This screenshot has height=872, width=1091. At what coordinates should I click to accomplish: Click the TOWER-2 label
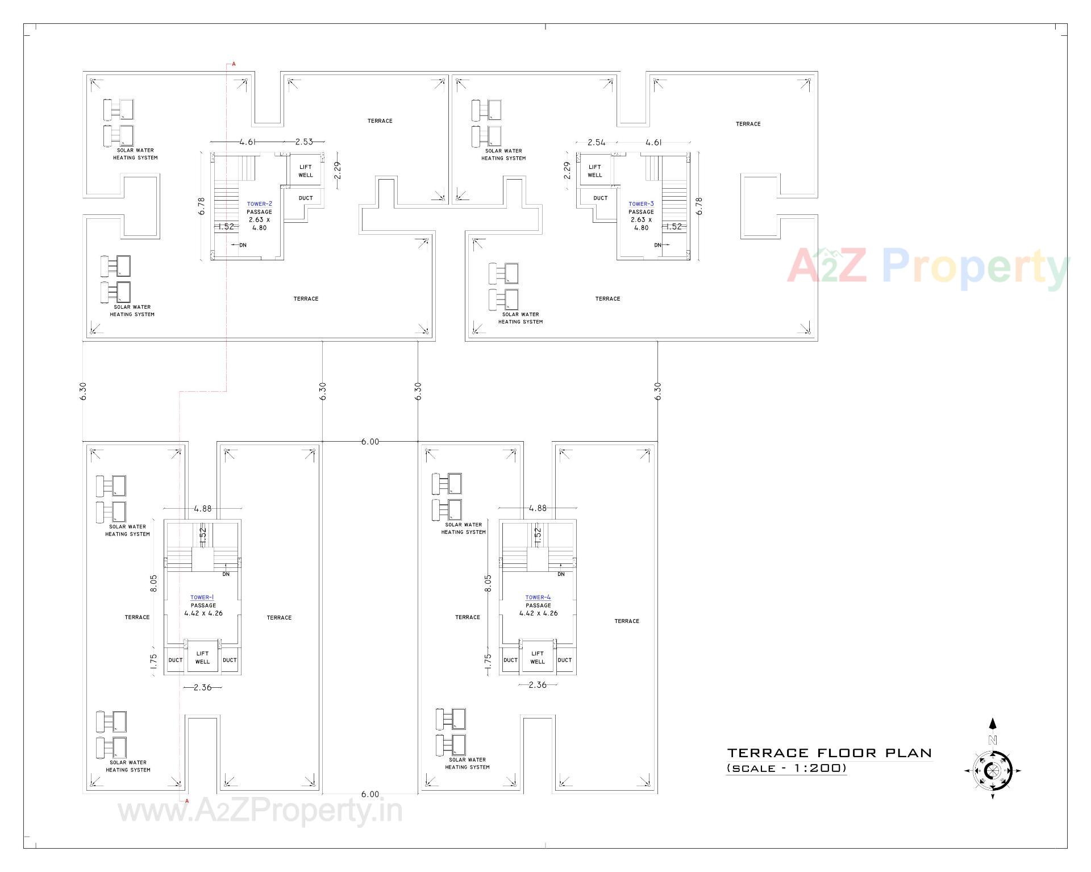pos(259,204)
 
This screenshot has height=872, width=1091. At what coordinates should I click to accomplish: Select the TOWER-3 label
pos(641,204)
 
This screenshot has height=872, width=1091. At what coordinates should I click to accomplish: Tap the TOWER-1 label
pos(202,597)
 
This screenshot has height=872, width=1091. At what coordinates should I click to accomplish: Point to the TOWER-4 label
pos(538,597)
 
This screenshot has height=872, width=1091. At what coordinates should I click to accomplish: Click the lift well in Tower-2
pos(306,171)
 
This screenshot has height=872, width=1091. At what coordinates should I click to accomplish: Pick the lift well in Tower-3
pos(595,171)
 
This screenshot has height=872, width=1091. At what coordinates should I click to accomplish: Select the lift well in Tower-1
pos(202,658)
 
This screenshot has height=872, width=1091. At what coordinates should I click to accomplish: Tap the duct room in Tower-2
pos(306,198)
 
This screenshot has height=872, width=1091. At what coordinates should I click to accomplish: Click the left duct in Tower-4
pos(510,660)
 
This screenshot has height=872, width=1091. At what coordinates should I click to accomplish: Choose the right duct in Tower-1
pos(230,660)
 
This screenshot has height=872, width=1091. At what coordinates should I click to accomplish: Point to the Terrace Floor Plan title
pos(830,753)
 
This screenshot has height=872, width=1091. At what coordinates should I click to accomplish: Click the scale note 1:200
pos(786,769)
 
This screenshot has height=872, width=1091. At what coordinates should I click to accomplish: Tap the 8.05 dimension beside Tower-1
pos(153,584)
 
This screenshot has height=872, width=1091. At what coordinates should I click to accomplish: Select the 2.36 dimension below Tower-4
pos(538,685)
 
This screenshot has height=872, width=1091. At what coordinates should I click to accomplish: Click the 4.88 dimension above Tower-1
pos(202,509)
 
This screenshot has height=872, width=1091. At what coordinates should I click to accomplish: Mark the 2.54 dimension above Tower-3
pos(597,143)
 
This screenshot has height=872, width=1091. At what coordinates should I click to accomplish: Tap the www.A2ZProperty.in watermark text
pos(260,811)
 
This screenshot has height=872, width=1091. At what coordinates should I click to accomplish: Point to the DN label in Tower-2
pos(243,246)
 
